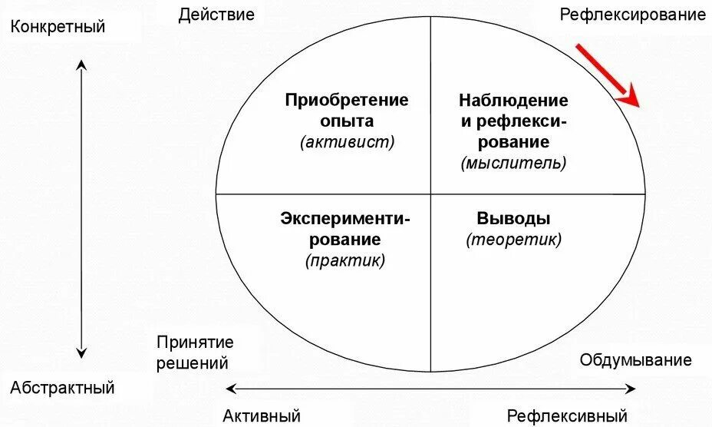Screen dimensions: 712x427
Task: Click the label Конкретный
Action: click(58, 27)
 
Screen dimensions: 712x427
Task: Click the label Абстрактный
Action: click(62, 387)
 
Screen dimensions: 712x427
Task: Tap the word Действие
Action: click(216, 15)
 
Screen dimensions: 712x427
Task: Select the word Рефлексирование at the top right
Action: click(633, 15)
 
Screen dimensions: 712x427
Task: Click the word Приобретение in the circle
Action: click(347, 101)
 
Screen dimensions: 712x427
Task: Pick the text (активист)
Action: click(348, 141)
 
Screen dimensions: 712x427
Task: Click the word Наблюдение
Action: click(513, 101)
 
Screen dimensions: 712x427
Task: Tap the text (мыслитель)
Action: click(513, 162)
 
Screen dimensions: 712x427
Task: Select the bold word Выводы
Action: click(513, 218)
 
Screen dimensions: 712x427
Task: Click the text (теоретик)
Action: click(513, 239)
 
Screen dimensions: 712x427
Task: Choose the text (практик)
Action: click(345, 260)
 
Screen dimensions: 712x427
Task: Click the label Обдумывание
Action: click(636, 360)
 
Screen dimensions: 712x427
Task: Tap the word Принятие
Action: click(195, 343)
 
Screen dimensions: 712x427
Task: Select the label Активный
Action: click(262, 416)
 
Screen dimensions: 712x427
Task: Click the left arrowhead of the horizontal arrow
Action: click(230, 389)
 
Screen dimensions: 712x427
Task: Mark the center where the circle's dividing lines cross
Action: click(430, 194)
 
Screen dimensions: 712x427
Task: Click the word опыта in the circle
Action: click(348, 121)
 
